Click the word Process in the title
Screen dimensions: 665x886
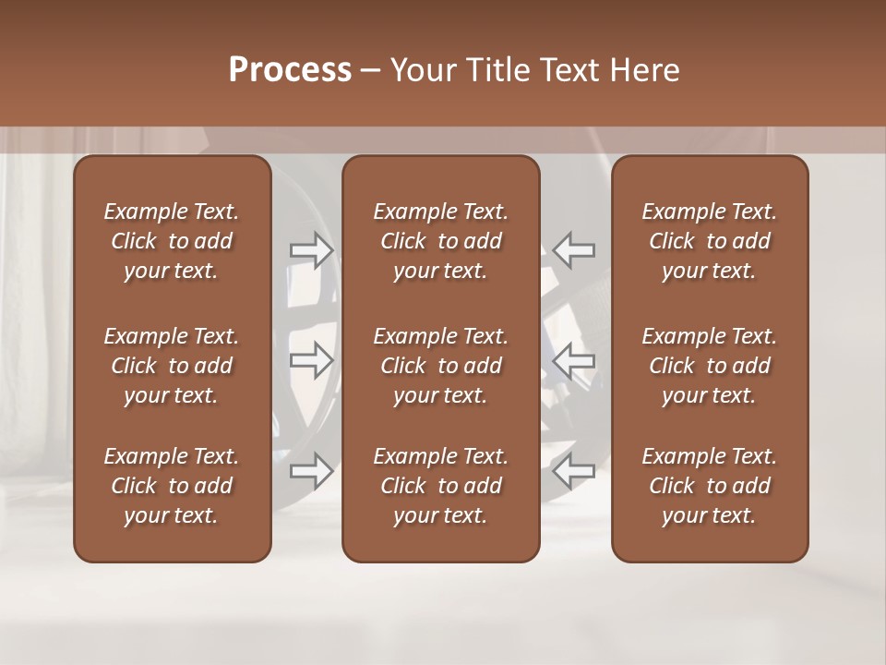tap(290, 70)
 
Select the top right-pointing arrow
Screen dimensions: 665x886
tap(311, 249)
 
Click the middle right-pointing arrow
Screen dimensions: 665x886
tap(311, 360)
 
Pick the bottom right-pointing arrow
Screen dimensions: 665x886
tap(311, 471)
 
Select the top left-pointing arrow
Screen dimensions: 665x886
tap(574, 249)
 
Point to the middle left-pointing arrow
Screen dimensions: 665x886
tap(574, 360)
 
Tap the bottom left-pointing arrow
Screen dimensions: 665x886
tap(574, 471)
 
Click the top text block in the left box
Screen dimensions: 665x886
tap(172, 241)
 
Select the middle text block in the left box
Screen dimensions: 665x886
tap(172, 366)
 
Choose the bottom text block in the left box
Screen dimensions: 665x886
tap(172, 486)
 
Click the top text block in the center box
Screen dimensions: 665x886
tap(440, 241)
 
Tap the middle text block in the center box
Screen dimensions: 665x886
tap(440, 366)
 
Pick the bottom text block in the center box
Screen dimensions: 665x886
tap(440, 486)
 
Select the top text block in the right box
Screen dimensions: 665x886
tap(709, 241)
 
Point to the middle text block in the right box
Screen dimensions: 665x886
tap(709, 366)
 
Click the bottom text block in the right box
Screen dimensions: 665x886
tap(709, 486)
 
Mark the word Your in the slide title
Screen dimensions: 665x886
tap(422, 70)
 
